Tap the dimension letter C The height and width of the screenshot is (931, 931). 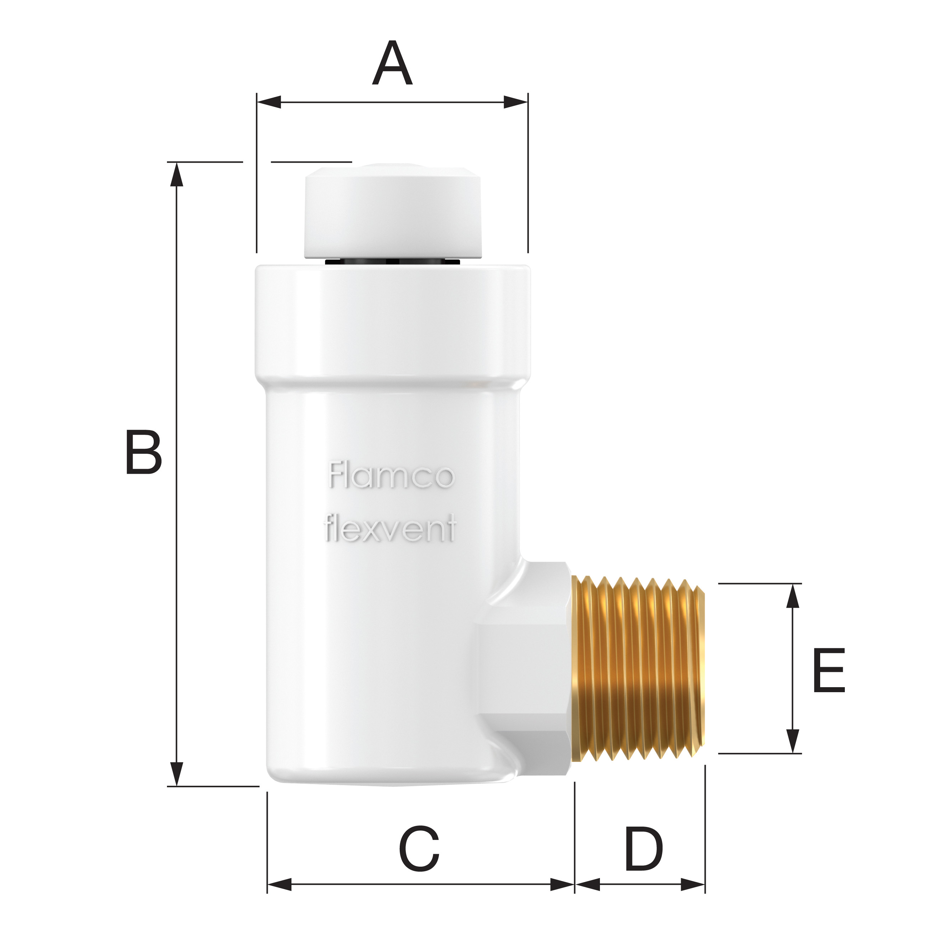(x=419, y=855)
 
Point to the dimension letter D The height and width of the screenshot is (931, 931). (x=644, y=855)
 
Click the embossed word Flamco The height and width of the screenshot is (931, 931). (x=391, y=476)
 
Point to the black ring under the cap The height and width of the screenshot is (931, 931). (x=392, y=262)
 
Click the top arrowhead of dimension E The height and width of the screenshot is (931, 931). (x=792, y=596)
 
